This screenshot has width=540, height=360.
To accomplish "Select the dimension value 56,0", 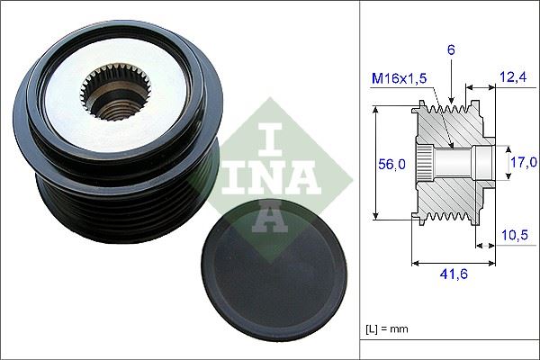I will [390, 164].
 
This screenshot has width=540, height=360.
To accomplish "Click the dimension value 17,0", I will [519, 163].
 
